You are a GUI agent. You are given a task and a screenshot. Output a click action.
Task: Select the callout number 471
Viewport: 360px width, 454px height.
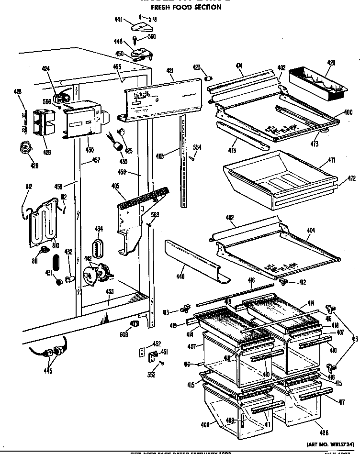click(x=331, y=161)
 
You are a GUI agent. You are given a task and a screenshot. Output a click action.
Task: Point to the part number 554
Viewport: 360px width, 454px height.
click(x=197, y=147)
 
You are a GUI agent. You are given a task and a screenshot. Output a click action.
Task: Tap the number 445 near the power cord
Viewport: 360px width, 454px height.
click(x=47, y=371)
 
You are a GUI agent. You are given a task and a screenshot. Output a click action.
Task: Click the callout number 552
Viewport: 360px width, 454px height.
click(x=151, y=375)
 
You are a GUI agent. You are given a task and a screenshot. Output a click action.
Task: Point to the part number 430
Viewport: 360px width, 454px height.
click(x=90, y=150)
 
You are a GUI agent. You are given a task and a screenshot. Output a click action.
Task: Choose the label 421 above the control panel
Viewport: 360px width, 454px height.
click(x=169, y=71)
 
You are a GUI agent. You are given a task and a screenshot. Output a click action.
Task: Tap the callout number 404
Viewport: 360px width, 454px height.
click(x=311, y=231)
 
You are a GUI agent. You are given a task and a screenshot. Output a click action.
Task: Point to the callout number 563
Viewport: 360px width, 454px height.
click(x=155, y=214)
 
